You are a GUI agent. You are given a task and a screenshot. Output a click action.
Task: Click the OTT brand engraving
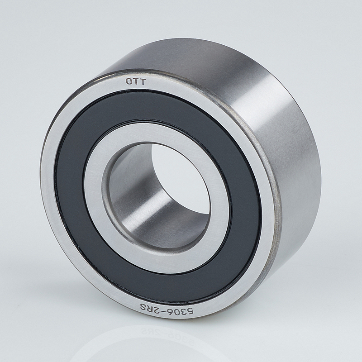[x=136, y=81]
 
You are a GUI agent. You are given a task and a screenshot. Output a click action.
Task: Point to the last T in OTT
[x=143, y=82]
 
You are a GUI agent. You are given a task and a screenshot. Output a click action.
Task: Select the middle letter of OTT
[x=136, y=81]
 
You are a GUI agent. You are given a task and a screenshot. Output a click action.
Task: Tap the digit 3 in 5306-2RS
[x=183, y=313]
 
